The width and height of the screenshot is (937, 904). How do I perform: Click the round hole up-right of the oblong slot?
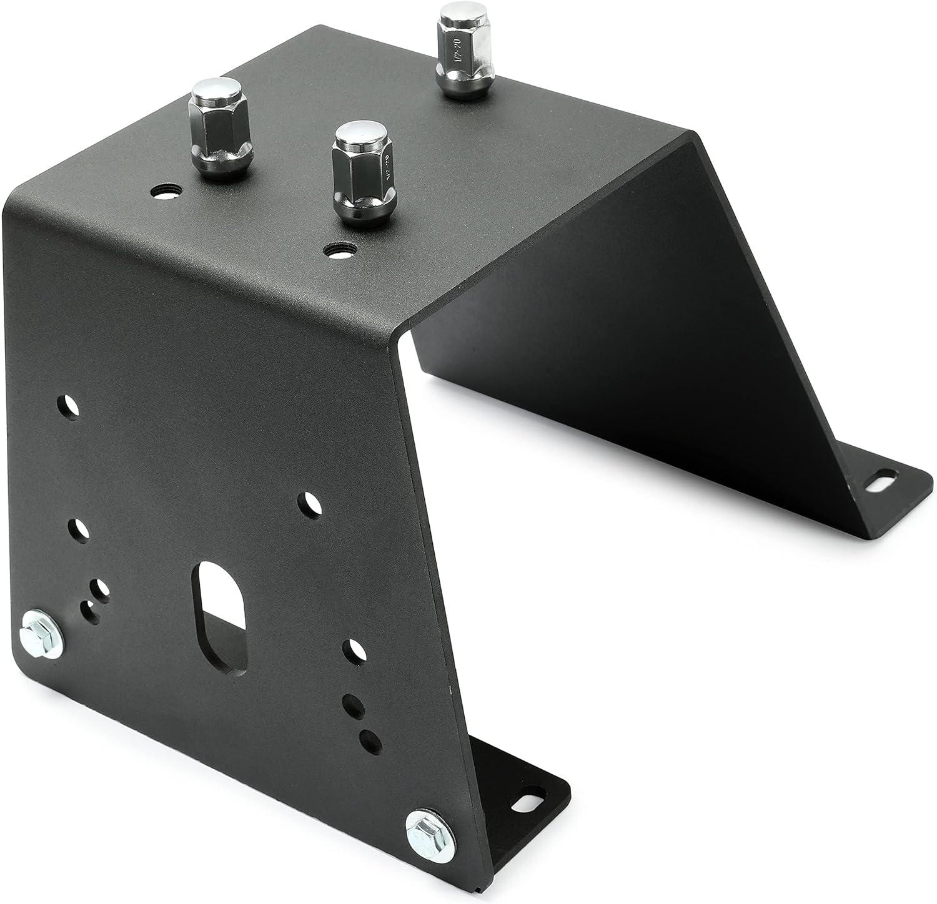309,503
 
